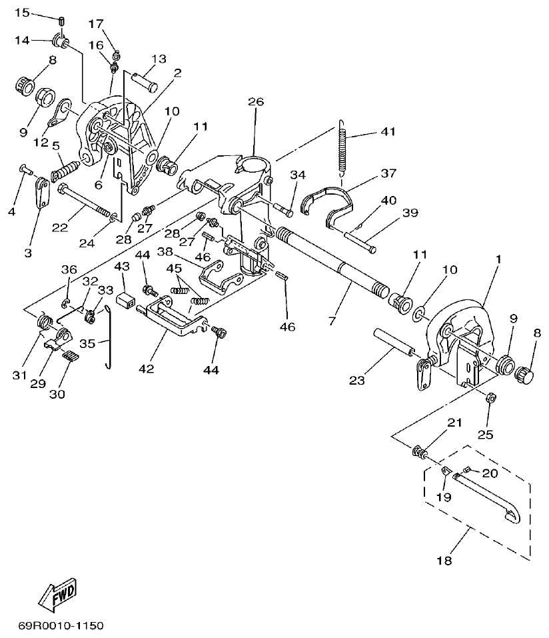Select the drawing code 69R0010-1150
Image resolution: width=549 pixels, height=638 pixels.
coord(61,627)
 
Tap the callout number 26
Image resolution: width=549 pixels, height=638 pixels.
coord(256,102)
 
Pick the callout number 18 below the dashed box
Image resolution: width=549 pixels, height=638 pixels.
coord(444,561)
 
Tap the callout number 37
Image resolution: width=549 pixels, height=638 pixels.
coord(388,173)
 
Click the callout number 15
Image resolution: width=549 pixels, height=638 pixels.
coord(22,13)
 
